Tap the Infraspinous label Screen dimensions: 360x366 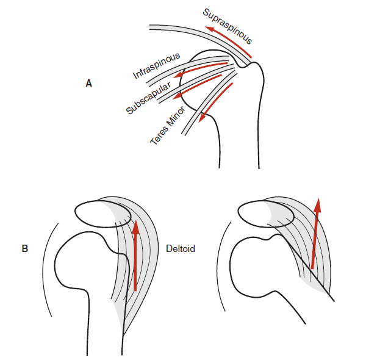tap(157, 66)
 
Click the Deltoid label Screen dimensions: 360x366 tap(181, 249)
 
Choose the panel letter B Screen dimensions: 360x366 tap(24, 249)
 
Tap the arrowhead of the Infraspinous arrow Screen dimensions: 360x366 tap(176, 77)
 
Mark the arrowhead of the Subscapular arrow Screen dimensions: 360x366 tap(176, 95)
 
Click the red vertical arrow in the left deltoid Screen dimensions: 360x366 tap(135, 256)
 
